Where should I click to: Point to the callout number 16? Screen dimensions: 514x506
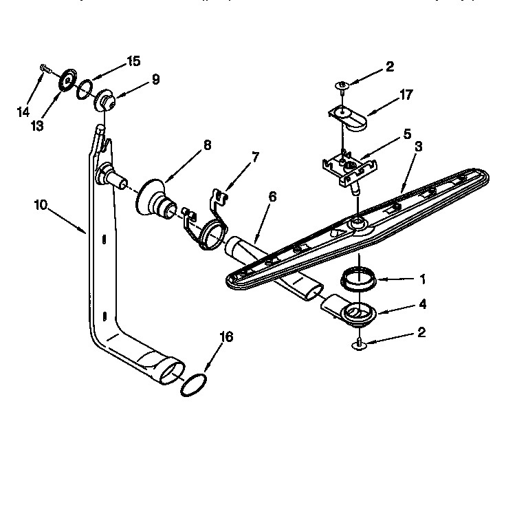226,336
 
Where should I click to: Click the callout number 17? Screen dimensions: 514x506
406,95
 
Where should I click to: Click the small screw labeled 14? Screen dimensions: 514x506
43,68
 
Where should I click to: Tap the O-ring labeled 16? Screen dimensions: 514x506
193,385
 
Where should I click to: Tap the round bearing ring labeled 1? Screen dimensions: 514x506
358,280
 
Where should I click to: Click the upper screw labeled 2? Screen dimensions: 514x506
342,85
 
